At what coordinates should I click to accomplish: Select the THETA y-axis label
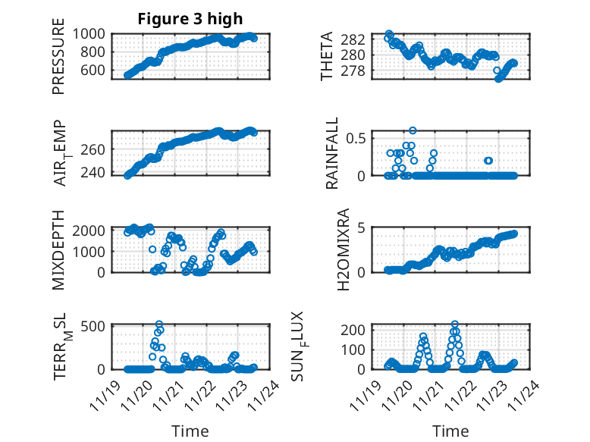pos(327,57)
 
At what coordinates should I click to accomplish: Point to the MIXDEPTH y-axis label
pos(58,249)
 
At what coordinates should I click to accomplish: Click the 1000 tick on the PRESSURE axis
pos(91,34)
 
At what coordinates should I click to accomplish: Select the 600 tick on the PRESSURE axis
pos(96,71)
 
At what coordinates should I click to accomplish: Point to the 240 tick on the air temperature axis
pos(96,173)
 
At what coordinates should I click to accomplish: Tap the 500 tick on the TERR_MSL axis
pos(96,327)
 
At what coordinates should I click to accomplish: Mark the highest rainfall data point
pos(413,130)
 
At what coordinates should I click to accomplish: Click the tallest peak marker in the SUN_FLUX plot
pos(455,324)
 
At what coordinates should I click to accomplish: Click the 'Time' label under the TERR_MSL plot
pos(190,431)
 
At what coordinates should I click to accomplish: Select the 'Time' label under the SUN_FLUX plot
pos(450,431)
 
